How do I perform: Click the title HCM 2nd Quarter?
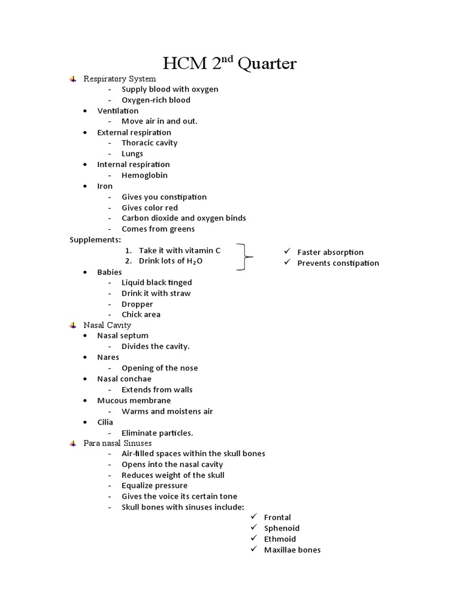[x=230, y=63]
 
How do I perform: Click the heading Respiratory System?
[x=119, y=78]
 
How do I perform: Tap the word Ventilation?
[x=117, y=111]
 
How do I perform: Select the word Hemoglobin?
[x=144, y=175]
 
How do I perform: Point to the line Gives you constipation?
[x=164, y=197]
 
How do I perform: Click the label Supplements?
[x=95, y=239]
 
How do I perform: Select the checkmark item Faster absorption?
[x=330, y=252]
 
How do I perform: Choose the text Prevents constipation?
[x=338, y=263]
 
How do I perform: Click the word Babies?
[x=110, y=272]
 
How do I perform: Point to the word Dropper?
[x=137, y=304]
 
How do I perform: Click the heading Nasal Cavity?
[x=107, y=325]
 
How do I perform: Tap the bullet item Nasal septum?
[x=123, y=336]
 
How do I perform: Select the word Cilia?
[x=105, y=422]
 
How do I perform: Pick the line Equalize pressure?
[x=155, y=485]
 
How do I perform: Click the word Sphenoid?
[x=282, y=528]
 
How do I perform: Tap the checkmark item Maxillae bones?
[x=292, y=550]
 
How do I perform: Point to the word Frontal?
[x=277, y=517]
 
